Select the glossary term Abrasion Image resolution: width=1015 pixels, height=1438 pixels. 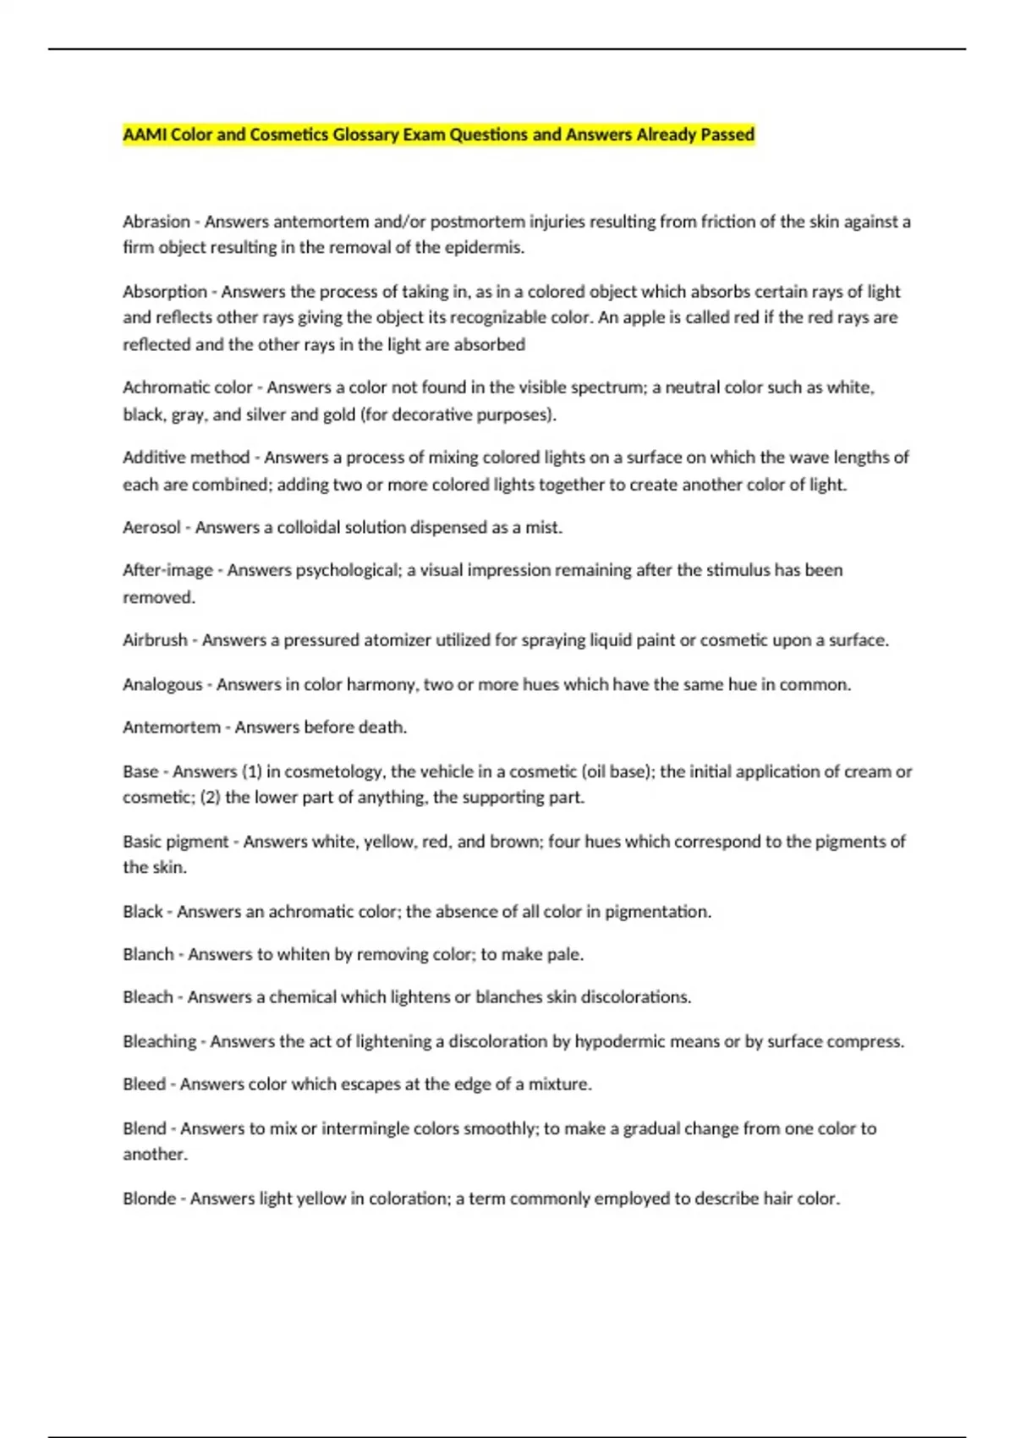click(x=156, y=222)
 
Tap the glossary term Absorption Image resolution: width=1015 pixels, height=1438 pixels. click(x=165, y=292)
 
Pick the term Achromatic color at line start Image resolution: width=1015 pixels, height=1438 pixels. click(x=188, y=387)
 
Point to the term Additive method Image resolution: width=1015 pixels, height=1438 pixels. click(x=186, y=458)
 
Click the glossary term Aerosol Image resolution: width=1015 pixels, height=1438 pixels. click(x=151, y=528)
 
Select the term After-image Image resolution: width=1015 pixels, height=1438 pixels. click(x=167, y=570)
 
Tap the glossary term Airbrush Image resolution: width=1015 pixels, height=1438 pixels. click(x=155, y=640)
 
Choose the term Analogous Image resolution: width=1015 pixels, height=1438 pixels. click(x=162, y=684)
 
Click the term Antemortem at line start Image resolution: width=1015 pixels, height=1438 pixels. click(x=172, y=727)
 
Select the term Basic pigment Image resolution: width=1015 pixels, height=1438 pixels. click(x=176, y=842)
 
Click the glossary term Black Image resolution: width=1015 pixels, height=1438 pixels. click(x=143, y=912)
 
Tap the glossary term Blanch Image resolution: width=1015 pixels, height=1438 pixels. click(x=148, y=954)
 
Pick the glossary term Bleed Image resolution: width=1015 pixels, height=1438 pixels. click(x=144, y=1084)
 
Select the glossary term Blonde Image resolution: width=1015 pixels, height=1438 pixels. click(x=150, y=1199)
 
